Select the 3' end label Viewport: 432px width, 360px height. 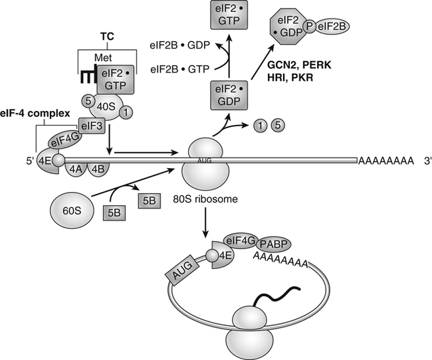click(418, 160)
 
